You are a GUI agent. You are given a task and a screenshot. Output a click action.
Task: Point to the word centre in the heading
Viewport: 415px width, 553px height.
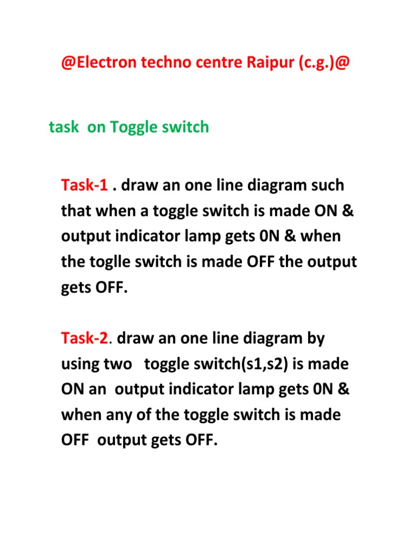(219, 63)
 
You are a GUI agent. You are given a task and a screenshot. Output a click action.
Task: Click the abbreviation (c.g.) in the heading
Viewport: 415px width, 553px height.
(316, 63)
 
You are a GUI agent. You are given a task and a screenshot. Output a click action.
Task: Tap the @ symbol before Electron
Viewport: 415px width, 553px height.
(69, 63)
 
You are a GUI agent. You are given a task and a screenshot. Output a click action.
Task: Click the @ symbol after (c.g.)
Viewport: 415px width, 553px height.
(342, 63)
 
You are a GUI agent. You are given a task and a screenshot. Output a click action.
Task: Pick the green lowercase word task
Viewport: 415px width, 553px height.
(64, 127)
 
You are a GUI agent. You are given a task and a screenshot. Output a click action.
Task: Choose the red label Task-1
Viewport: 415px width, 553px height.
(84, 185)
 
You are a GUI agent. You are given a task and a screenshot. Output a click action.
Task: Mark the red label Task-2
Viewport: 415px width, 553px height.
(84, 338)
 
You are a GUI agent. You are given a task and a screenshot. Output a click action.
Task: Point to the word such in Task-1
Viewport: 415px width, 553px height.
(327, 185)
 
